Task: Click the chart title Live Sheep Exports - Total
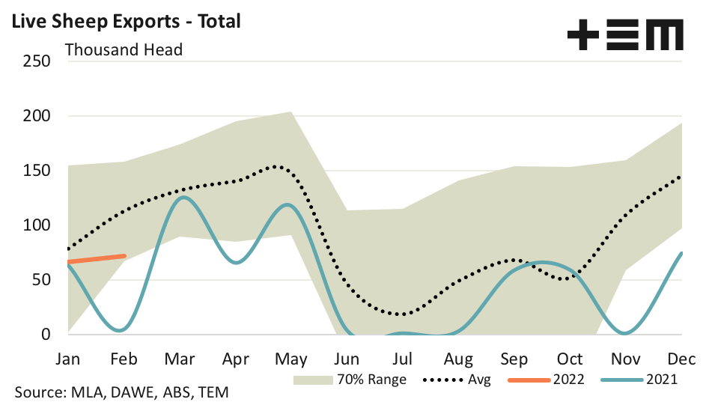124,21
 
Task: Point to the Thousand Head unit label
124,51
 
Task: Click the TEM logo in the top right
625,34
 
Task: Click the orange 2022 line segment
96,259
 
